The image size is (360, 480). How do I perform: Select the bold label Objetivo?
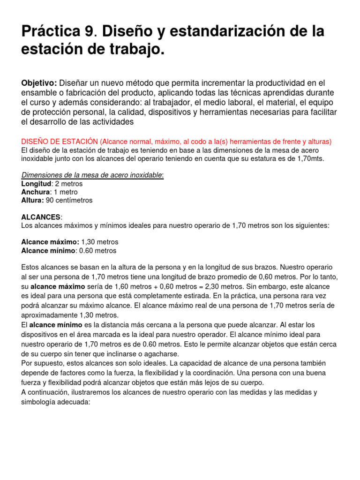[x=39, y=83]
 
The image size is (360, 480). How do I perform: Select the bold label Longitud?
[x=36, y=184]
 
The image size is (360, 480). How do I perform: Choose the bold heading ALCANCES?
[x=41, y=217]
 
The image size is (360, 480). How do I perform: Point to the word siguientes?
[x=311, y=225]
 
